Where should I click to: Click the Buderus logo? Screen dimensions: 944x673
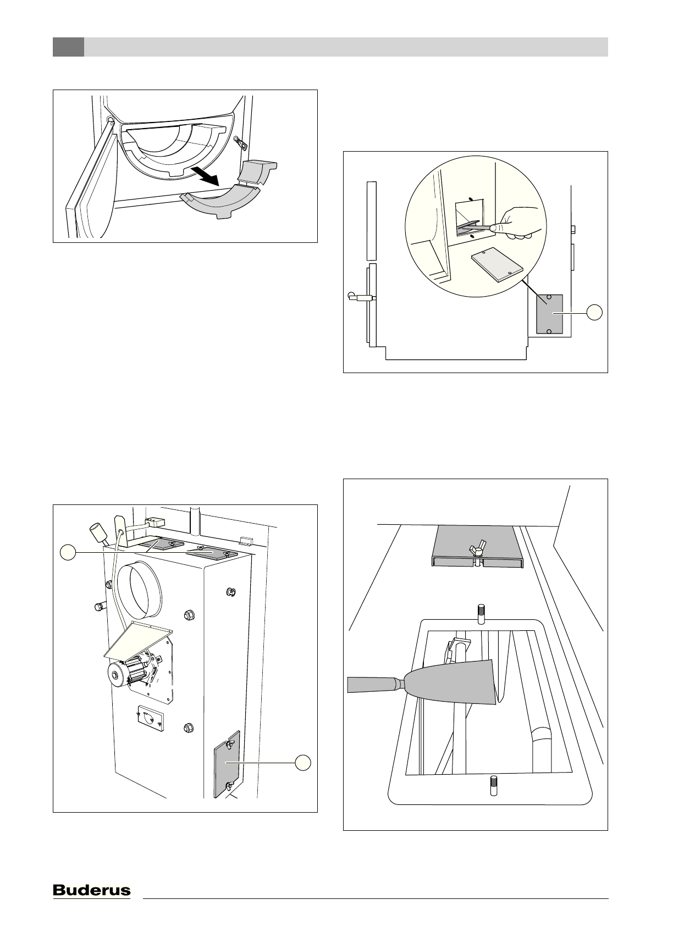pos(91,890)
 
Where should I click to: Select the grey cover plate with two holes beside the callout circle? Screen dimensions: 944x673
pos(549,314)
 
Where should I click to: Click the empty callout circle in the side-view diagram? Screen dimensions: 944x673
pos(594,313)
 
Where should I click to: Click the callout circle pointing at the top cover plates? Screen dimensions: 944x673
pos(67,552)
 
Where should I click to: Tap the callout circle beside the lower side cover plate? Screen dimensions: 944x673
pos(303,763)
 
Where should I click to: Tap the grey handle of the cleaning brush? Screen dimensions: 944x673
pos(374,685)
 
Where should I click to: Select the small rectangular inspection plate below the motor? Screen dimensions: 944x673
pos(150,719)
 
